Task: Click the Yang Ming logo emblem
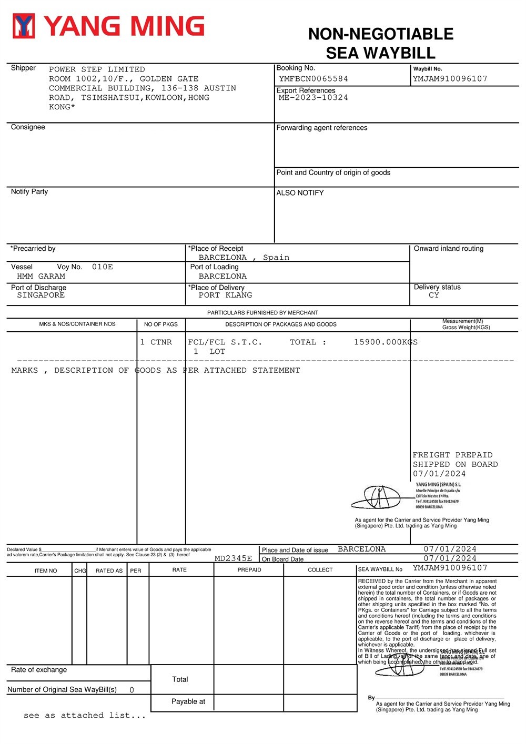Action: [24, 26]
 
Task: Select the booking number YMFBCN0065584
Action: [313, 79]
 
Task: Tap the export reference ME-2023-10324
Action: [313, 98]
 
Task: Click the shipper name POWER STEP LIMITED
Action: [97, 69]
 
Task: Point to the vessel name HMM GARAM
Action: [41, 277]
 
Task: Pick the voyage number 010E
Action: [103, 267]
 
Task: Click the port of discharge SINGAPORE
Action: [41, 295]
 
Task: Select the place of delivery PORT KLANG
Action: [225, 295]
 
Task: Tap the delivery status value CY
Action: [433, 295]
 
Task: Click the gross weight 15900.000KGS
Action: [386, 342]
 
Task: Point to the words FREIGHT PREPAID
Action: [452, 455]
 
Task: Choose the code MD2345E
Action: [233, 558]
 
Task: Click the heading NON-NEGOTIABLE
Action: [381, 34]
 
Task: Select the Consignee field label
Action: [28, 127]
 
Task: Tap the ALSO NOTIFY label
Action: [300, 193]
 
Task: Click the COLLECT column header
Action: [320, 570]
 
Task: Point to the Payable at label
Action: [188, 701]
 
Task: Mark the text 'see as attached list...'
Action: [85, 716]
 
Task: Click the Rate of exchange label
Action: [39, 670]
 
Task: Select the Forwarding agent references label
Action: [322, 128]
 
